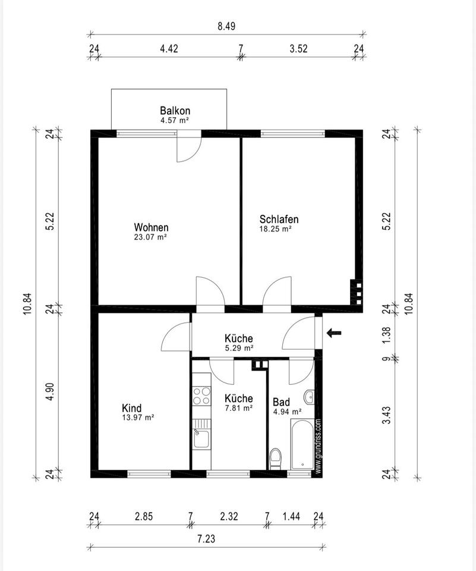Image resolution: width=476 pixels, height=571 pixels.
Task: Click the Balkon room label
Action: [x=175, y=111]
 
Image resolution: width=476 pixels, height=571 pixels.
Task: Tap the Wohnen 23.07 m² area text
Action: [x=151, y=237]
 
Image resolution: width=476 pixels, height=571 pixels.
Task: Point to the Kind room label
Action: [x=131, y=408]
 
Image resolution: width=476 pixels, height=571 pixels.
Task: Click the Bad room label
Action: [x=281, y=402]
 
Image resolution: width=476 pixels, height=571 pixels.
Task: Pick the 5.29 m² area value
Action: [x=239, y=348]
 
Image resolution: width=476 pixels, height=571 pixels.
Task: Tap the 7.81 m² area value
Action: [x=239, y=408]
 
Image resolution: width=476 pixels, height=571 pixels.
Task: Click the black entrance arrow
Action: [x=334, y=332]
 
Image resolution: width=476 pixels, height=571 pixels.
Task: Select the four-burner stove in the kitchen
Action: [x=201, y=396]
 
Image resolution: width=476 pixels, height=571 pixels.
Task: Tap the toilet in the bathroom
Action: [x=275, y=459]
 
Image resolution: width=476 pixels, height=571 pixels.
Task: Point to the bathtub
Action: [x=302, y=444]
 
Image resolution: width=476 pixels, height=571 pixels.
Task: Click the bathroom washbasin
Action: [x=309, y=397]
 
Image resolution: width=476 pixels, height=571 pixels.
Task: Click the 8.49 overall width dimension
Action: [x=226, y=26]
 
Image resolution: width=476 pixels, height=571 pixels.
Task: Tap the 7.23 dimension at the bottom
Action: [x=206, y=539]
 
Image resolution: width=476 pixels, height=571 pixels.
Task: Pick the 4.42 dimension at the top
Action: [x=169, y=48]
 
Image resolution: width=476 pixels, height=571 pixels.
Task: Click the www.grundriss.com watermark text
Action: [x=318, y=447]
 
